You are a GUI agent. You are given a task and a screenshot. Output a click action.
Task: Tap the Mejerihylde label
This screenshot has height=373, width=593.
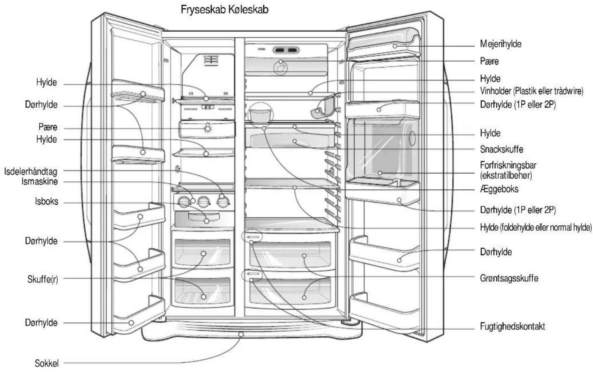tap(501, 44)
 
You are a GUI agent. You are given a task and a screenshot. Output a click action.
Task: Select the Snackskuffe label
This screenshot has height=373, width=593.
tap(502, 149)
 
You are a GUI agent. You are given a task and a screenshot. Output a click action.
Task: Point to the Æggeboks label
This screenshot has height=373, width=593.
tap(499, 189)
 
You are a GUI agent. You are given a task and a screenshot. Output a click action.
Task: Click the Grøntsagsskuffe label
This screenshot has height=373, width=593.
tap(509, 278)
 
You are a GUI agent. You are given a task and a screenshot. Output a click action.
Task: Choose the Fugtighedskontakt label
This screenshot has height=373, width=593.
tap(513, 326)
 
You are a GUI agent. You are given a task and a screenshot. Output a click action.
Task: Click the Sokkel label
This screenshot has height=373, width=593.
tap(47, 363)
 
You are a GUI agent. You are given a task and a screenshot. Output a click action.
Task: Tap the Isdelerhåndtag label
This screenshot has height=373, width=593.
tap(31, 172)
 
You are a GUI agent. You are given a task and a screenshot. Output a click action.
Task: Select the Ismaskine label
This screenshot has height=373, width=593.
tap(40, 182)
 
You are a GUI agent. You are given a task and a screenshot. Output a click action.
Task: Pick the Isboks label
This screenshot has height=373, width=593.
tap(47, 201)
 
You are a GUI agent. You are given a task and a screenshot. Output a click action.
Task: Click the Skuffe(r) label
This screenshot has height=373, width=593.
tap(43, 279)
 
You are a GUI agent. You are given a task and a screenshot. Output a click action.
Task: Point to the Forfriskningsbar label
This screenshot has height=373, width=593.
tap(508, 165)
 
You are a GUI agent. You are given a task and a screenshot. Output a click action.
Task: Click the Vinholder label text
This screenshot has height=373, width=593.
tap(495, 91)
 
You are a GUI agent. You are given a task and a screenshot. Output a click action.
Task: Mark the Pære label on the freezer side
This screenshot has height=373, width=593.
tap(48, 127)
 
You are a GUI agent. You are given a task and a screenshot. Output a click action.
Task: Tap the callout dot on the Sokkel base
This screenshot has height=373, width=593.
tap(241, 334)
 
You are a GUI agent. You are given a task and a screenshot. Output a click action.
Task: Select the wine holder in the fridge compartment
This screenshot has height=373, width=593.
tap(323, 107)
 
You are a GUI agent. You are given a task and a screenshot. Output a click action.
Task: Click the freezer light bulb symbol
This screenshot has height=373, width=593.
tap(208, 128)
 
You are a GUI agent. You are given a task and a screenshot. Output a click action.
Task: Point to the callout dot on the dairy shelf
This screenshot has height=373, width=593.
tap(395, 46)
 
